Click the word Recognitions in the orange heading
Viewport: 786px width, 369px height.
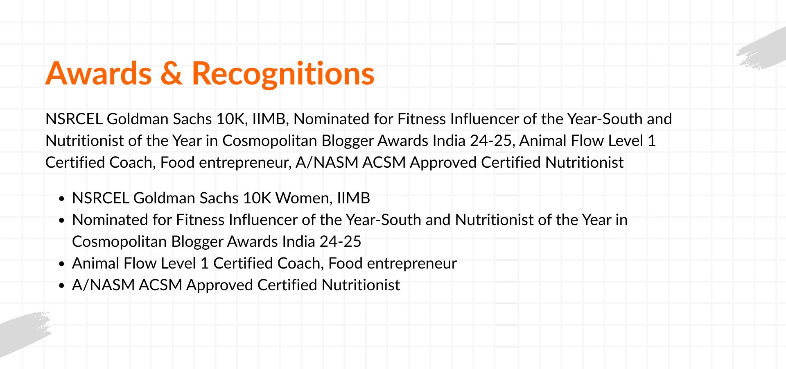283,74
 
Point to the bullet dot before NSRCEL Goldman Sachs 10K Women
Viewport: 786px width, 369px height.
62,199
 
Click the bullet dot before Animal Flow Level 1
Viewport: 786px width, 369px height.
62,264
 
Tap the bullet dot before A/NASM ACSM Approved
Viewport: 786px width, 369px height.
62,286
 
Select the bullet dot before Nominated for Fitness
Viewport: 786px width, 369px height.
62,221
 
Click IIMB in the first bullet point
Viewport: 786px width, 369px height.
353,198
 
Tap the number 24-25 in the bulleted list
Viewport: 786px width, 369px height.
340,241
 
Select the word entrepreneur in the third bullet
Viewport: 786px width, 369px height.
412,264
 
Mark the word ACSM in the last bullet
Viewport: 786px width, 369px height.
160,285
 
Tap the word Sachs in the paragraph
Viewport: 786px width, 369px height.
192,119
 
